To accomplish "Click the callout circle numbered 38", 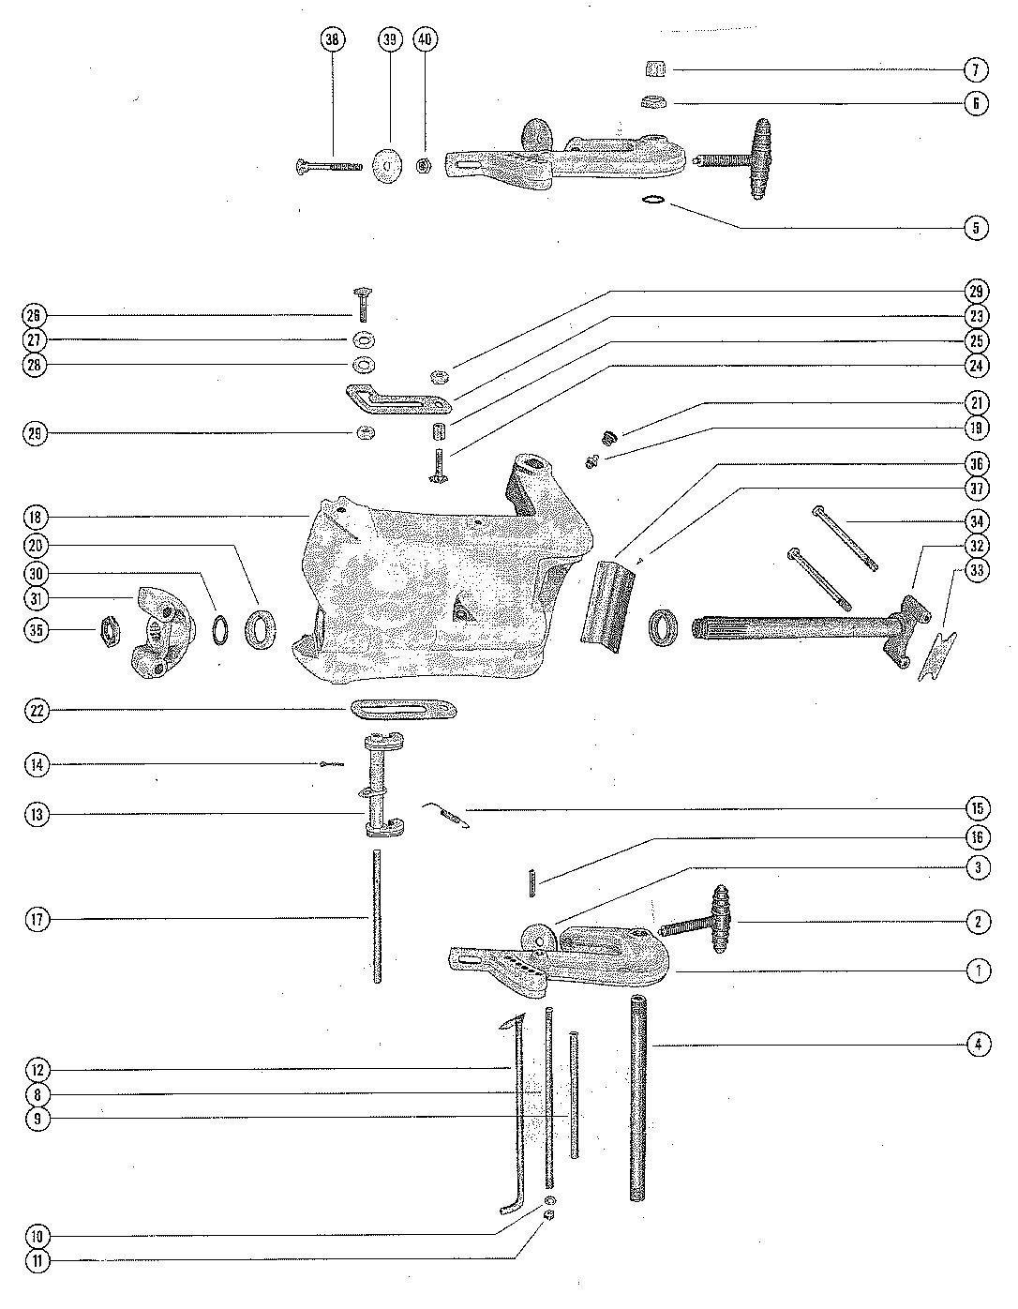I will pos(332,39).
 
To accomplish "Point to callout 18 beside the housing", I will pos(37,518).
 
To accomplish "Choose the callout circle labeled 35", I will pos(37,630).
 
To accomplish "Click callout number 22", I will pos(37,711).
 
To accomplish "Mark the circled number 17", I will pos(37,920).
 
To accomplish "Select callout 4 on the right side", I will pos(977,1044).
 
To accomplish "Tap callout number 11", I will pos(37,1261).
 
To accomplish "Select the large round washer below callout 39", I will pos(387,166).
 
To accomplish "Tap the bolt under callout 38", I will pos(327,167).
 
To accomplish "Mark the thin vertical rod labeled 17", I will pos(377,914).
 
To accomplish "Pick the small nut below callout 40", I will pos(424,166).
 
